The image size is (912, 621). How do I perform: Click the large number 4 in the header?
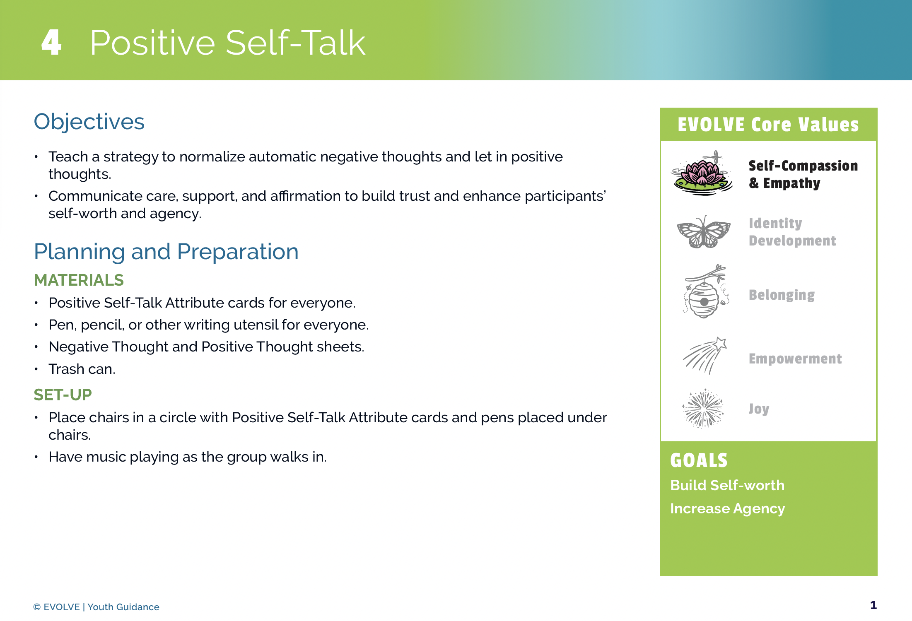pyautogui.click(x=51, y=42)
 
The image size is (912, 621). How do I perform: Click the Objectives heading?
pyautogui.click(x=89, y=122)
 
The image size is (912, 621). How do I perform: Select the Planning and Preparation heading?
pyautogui.click(x=166, y=252)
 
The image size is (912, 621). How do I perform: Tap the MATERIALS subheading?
pyautogui.click(x=79, y=280)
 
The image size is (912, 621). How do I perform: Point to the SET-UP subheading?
pyautogui.click(x=63, y=395)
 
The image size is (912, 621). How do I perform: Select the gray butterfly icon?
pyautogui.click(x=704, y=232)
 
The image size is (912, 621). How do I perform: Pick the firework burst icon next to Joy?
pyautogui.click(x=703, y=408)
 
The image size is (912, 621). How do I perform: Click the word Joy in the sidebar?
pyautogui.click(x=759, y=409)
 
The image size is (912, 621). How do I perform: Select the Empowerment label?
pyautogui.click(x=795, y=359)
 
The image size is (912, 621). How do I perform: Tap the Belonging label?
pyautogui.click(x=782, y=295)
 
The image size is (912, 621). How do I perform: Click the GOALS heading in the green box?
pyautogui.click(x=699, y=460)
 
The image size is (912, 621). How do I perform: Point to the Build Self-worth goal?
pyautogui.click(x=727, y=485)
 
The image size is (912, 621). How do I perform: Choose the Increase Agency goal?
pyautogui.click(x=727, y=509)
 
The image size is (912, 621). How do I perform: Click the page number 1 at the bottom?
pyautogui.click(x=873, y=605)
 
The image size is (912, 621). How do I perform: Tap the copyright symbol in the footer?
pyautogui.click(x=37, y=607)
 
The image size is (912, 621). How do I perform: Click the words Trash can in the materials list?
pyautogui.click(x=82, y=369)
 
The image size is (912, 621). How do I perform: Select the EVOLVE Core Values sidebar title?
pyautogui.click(x=768, y=125)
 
